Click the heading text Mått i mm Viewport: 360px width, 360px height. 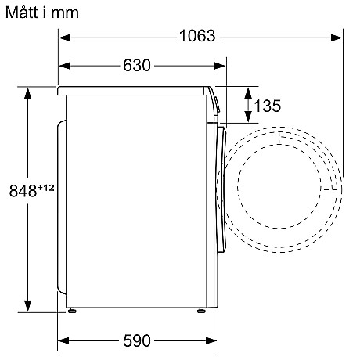[x=41, y=13]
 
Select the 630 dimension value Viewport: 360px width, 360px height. [x=136, y=66]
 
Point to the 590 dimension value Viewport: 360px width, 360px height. [x=136, y=340]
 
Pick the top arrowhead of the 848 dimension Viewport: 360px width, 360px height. [x=28, y=92]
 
